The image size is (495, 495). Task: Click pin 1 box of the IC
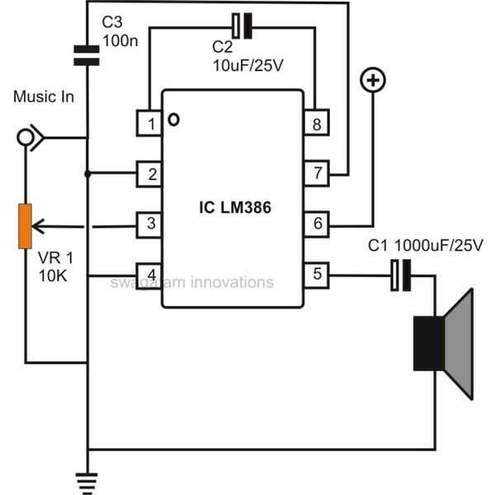[x=149, y=124]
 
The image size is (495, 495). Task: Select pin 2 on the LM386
[x=149, y=173]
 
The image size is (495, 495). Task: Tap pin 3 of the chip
[x=149, y=222]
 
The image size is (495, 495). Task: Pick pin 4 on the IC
[x=149, y=273]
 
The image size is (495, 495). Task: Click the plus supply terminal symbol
[x=374, y=81]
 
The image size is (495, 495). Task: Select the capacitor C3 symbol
[x=87, y=54]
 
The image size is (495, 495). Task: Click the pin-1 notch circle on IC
[x=174, y=120]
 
